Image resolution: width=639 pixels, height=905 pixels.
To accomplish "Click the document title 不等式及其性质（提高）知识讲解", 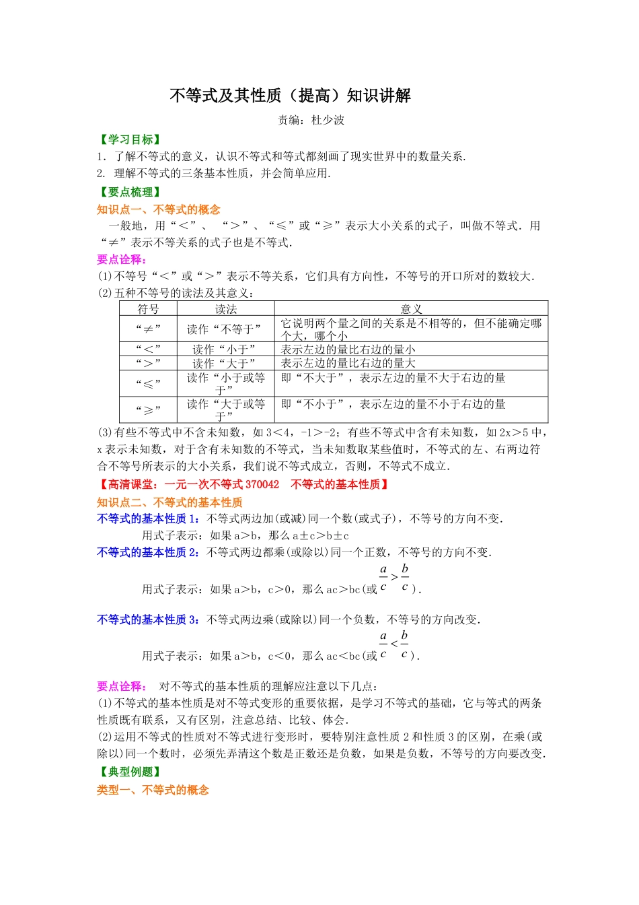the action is tap(290, 96).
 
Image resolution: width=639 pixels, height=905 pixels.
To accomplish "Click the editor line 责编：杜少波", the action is tap(311, 121).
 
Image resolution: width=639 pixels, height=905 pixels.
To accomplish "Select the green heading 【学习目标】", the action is tap(130, 139).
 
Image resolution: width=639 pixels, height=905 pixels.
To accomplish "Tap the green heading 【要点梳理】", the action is tap(130, 192).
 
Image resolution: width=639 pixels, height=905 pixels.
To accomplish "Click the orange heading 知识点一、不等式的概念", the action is tap(158, 209).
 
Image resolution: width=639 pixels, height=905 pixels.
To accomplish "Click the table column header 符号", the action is tap(148, 309).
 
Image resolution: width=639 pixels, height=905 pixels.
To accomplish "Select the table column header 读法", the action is tap(226, 309).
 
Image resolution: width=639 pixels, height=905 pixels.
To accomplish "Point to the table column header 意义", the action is tap(411, 309).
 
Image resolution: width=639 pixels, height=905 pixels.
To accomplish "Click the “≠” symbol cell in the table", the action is tap(148, 329).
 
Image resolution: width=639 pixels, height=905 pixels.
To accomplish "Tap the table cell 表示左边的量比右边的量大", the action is tap(348, 363).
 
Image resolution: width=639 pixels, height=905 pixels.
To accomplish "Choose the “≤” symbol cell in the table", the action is tap(148, 384).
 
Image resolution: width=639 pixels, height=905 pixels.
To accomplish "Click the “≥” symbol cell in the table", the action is tap(148, 409).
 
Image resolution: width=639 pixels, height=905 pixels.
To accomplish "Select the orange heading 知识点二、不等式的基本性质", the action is tap(170, 502).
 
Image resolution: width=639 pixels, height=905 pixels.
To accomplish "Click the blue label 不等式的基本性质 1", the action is tap(147, 518).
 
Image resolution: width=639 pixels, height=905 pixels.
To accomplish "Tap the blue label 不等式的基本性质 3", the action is tap(147, 619).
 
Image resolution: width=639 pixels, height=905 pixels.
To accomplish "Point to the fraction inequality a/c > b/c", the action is tap(394, 578).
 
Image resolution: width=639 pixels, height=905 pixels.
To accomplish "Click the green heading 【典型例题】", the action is tap(130, 772).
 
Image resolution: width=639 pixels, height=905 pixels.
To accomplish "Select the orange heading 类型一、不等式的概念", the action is tap(153, 790).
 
